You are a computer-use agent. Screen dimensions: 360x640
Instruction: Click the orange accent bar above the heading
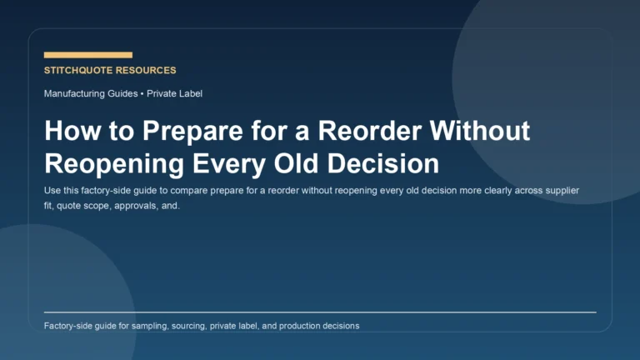[x=87, y=55]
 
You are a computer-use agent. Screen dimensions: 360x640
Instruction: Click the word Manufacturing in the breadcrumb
[x=74, y=93]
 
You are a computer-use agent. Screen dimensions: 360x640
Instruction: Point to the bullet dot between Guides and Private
[x=142, y=93]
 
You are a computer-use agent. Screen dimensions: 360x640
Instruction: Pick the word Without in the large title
[x=484, y=132]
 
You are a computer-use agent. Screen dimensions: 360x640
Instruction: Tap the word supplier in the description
[x=560, y=191]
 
